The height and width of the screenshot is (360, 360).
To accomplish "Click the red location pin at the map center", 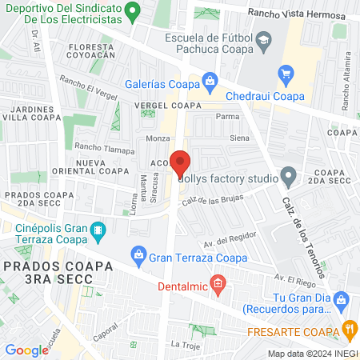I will pyautogui.click(x=180, y=162).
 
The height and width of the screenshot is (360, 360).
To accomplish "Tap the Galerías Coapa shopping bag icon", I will pyautogui.click(x=210, y=80).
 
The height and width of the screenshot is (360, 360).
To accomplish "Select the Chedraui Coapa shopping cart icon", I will pyautogui.click(x=286, y=74).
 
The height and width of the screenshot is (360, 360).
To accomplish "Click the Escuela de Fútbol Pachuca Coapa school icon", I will pyautogui.click(x=263, y=40).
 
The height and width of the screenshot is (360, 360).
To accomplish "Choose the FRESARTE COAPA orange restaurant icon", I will pyautogui.click(x=348, y=328).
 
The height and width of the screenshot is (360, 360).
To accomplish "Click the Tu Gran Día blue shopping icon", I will pyautogui.click(x=339, y=298).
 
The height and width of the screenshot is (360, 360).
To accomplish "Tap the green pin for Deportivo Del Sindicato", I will pyautogui.click(x=134, y=11).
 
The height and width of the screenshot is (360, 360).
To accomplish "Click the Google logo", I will pyautogui.click(x=26, y=350).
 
